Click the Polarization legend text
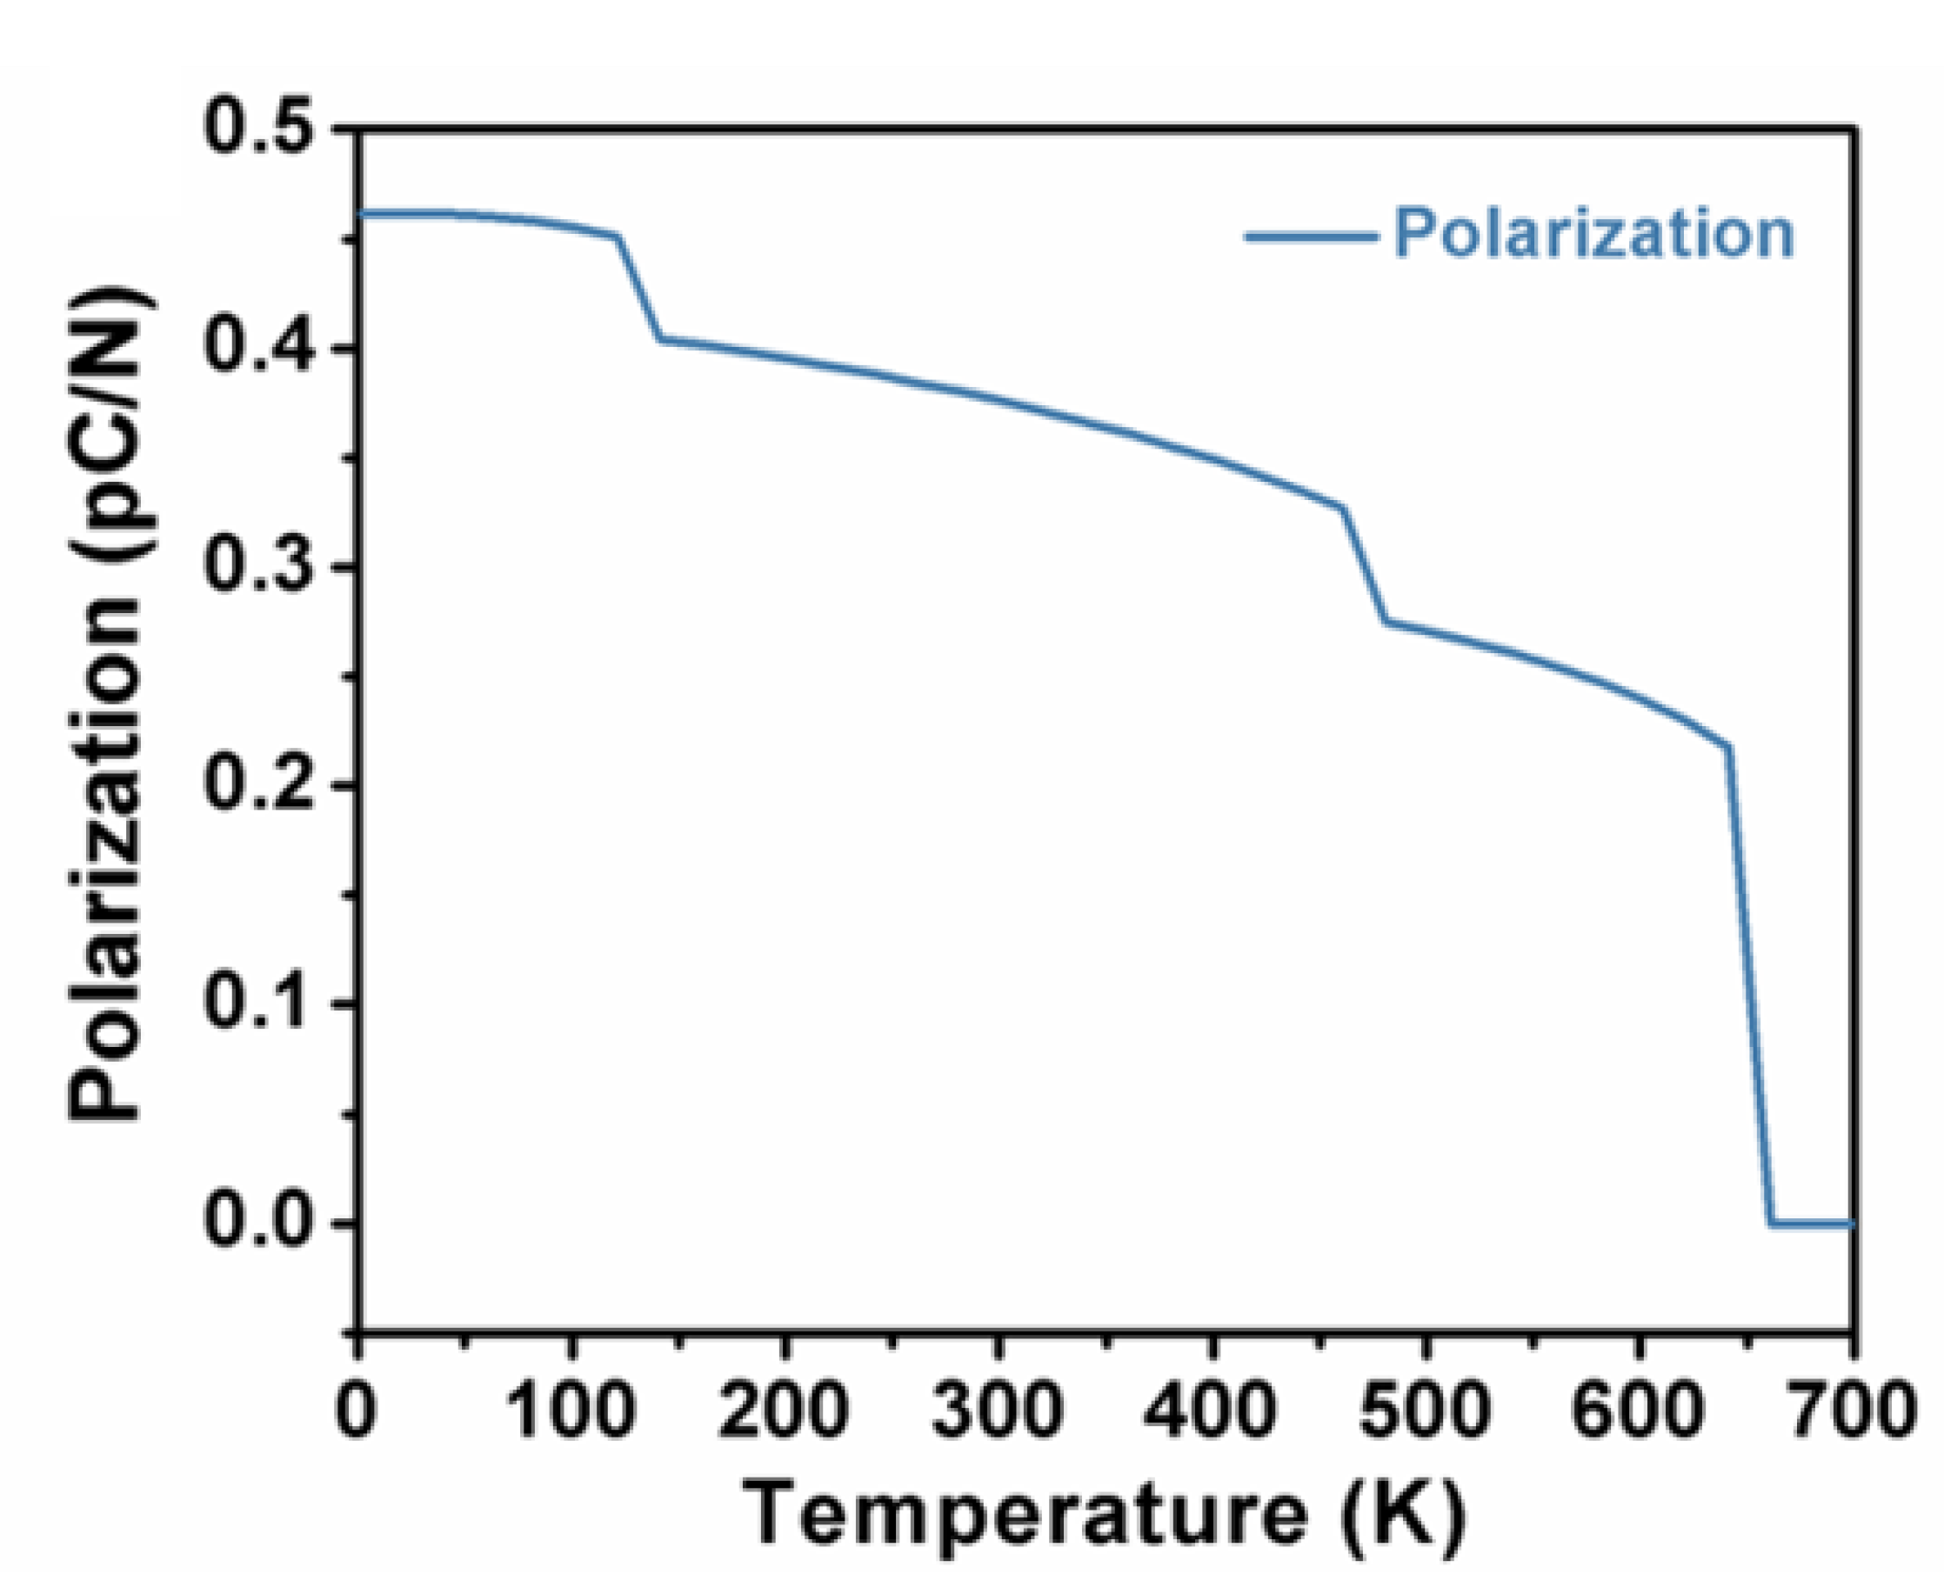pyautogui.click(x=1594, y=235)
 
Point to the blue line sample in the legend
pyautogui.click(x=1312, y=237)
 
